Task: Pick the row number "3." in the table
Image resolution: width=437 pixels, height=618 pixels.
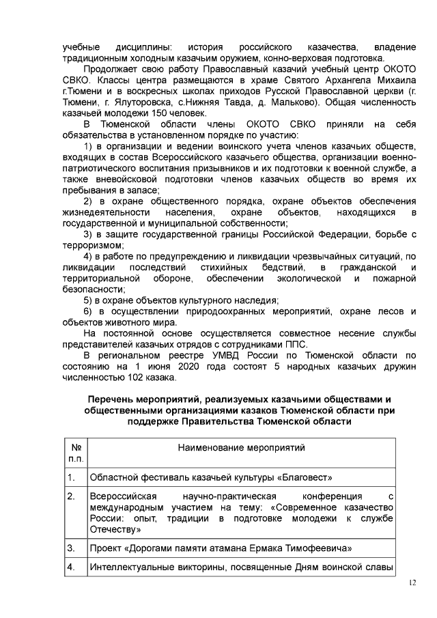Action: coord(71,548)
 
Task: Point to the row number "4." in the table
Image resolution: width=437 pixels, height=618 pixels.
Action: coord(71,567)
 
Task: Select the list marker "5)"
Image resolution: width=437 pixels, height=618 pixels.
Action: coord(88,300)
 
